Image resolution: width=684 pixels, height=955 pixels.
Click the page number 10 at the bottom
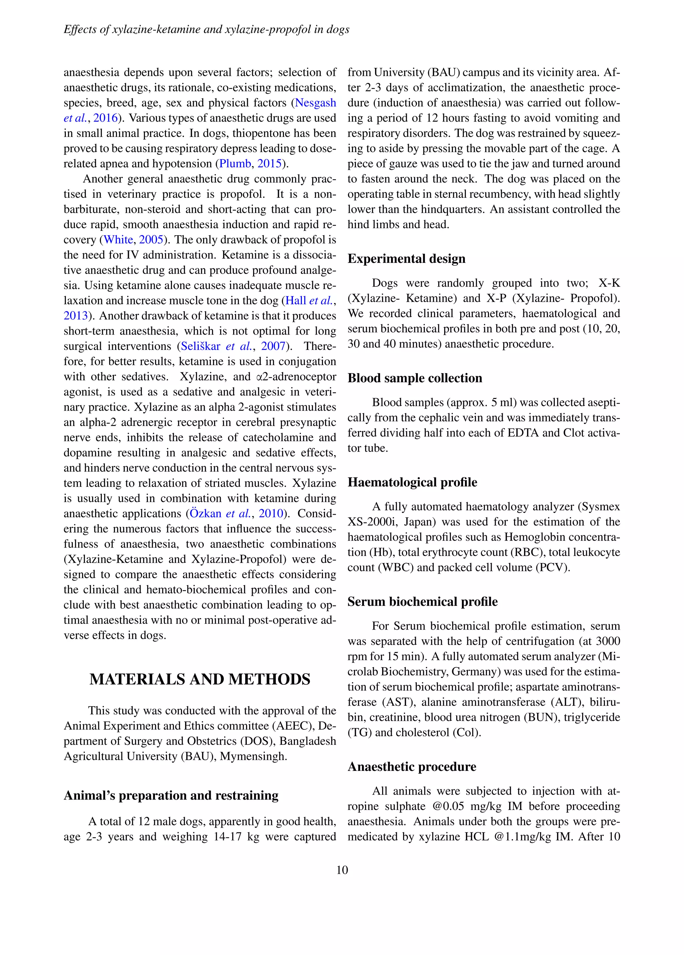tap(342, 869)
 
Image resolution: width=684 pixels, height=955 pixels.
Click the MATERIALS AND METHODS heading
tap(200, 679)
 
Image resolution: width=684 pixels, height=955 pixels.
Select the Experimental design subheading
tap(406, 259)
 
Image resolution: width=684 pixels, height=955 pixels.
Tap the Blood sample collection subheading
tap(414, 378)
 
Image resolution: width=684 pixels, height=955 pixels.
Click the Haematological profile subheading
tap(412, 482)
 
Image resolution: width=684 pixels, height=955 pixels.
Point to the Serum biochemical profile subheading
tap(422, 602)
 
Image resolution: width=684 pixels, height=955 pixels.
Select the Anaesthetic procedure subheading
tap(412, 766)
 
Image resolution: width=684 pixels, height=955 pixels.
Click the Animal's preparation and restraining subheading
tap(171, 795)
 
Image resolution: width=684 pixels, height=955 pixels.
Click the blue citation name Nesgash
tap(315, 103)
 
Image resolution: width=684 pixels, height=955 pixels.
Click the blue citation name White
tap(118, 240)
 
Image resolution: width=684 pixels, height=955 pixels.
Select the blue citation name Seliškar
tap(200, 346)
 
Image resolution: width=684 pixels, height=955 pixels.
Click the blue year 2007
tap(273, 346)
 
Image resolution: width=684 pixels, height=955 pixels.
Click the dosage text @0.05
tap(448, 806)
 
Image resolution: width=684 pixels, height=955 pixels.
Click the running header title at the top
tap(206, 29)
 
